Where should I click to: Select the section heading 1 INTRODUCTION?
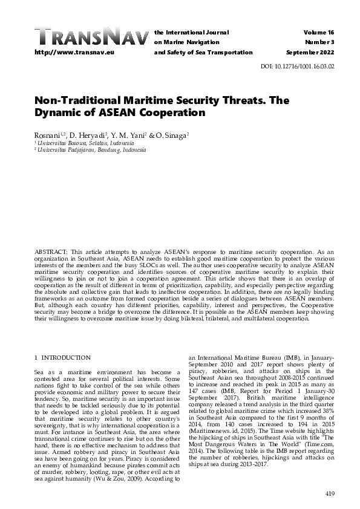tap(62, 358)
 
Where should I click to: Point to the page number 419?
tap(330, 494)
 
